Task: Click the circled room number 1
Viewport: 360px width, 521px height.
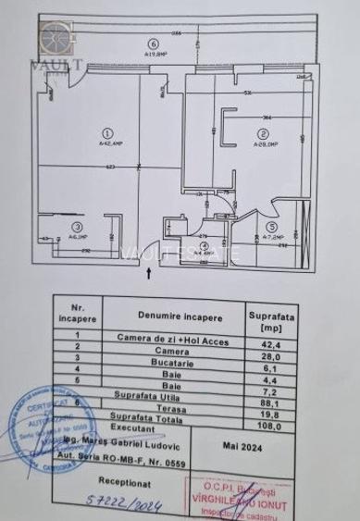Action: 108,132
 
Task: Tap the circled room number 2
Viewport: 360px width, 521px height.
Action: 263,132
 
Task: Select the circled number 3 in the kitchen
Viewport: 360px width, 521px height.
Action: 79,226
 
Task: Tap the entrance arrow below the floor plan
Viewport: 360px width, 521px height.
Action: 149,271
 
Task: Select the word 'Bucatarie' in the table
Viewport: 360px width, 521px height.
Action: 171,365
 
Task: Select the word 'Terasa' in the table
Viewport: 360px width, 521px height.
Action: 171,404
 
